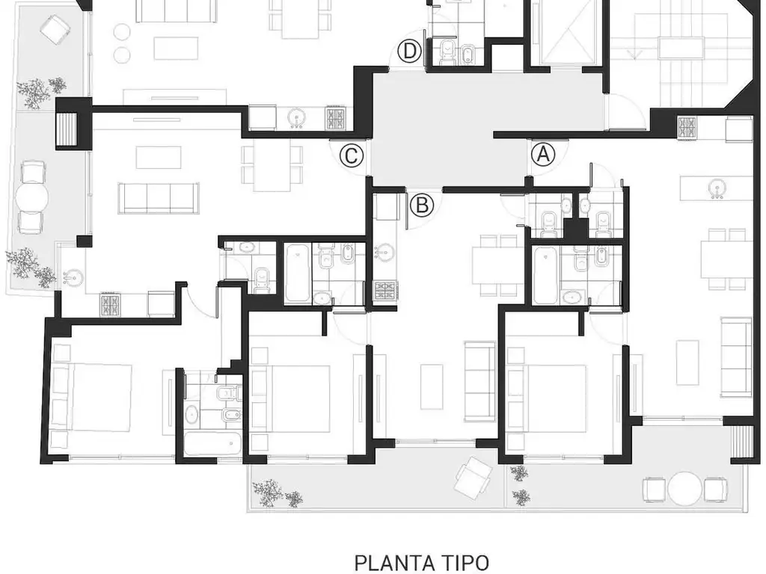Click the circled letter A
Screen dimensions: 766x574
[543, 155]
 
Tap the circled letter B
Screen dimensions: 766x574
[422, 205]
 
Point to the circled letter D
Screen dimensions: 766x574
[409, 52]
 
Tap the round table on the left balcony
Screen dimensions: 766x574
[31, 197]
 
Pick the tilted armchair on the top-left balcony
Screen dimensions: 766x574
[56, 29]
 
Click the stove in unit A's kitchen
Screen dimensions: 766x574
[687, 129]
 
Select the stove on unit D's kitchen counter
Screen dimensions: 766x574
[336, 118]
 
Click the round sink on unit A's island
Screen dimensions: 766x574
[716, 189]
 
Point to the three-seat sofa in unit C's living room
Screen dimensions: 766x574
[159, 198]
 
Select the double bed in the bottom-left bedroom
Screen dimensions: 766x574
[93, 398]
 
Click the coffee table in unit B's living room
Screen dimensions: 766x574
[432, 387]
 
